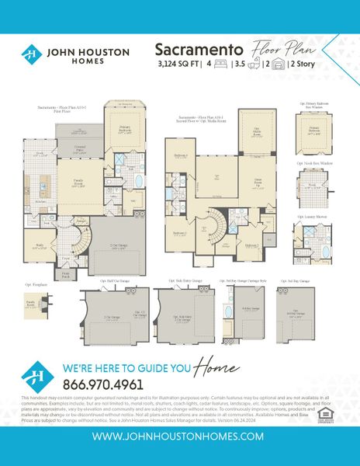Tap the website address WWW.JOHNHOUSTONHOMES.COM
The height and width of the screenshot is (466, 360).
[180, 436]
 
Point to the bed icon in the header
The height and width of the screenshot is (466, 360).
[219, 65]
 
